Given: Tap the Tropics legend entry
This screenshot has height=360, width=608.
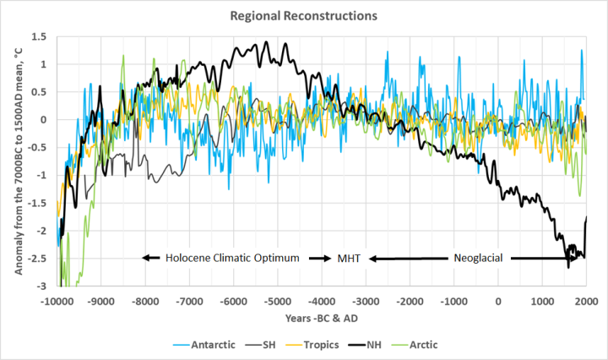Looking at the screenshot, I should point(323,345).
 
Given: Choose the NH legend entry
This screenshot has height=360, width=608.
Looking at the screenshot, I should point(383,345).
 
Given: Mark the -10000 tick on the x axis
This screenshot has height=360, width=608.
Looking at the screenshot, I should point(57,301).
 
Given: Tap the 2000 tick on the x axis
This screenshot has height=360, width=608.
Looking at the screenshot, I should point(585,301).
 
